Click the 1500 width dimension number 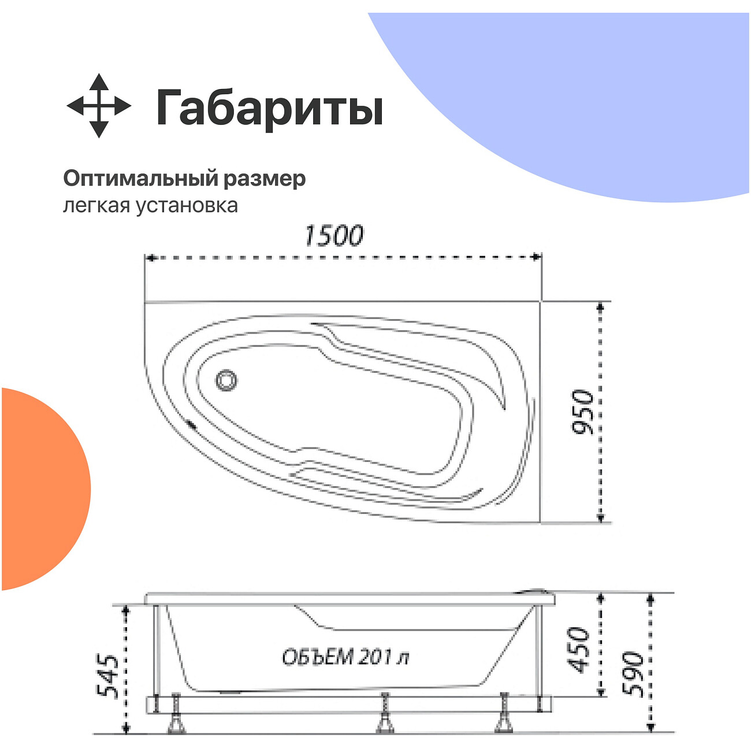tap(334, 236)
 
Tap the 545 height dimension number tap(109, 676)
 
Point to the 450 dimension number tap(579, 650)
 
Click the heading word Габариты tap(269, 108)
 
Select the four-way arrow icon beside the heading tap(99, 106)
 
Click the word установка tap(187, 206)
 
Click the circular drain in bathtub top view tap(226, 380)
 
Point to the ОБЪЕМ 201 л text tap(345, 657)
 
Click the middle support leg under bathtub tap(384, 714)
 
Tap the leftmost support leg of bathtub tap(175, 714)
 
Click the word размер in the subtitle tap(265, 179)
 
